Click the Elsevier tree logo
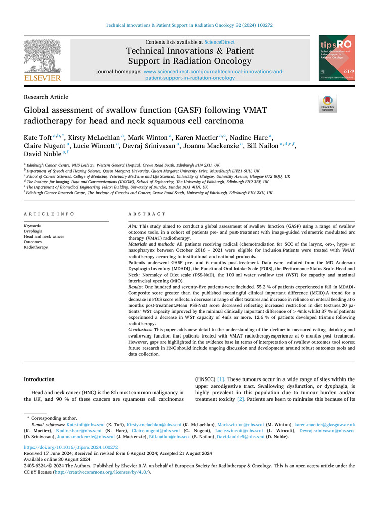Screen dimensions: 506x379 (42, 57)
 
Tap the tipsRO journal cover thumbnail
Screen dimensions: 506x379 (337, 57)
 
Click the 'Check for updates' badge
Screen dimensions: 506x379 (327, 104)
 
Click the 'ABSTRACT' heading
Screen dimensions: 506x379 (147, 214)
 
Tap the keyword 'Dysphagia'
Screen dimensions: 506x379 (33, 231)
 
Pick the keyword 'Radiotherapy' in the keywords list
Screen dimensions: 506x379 (35, 247)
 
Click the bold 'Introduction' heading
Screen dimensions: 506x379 (39, 379)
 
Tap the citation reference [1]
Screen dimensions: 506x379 (221, 379)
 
